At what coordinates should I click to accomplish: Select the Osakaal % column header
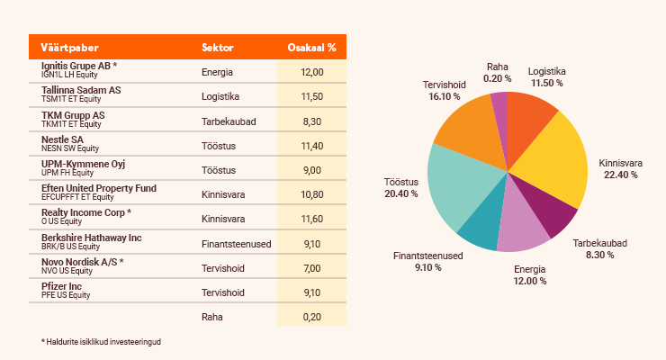click(x=311, y=47)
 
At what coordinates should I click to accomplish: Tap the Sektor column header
click(x=217, y=47)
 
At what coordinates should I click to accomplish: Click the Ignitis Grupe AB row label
click(x=78, y=66)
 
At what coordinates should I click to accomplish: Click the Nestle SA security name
click(x=62, y=139)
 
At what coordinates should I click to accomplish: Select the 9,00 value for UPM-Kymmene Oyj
click(x=311, y=169)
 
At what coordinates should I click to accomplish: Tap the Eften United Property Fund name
click(x=99, y=187)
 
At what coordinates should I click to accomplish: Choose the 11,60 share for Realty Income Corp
click(x=311, y=219)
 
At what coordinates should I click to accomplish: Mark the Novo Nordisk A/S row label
click(x=82, y=261)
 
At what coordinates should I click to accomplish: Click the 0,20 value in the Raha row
click(x=311, y=316)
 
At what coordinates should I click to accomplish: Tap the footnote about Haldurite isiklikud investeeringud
click(x=107, y=342)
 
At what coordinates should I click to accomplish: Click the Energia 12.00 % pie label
click(x=530, y=275)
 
